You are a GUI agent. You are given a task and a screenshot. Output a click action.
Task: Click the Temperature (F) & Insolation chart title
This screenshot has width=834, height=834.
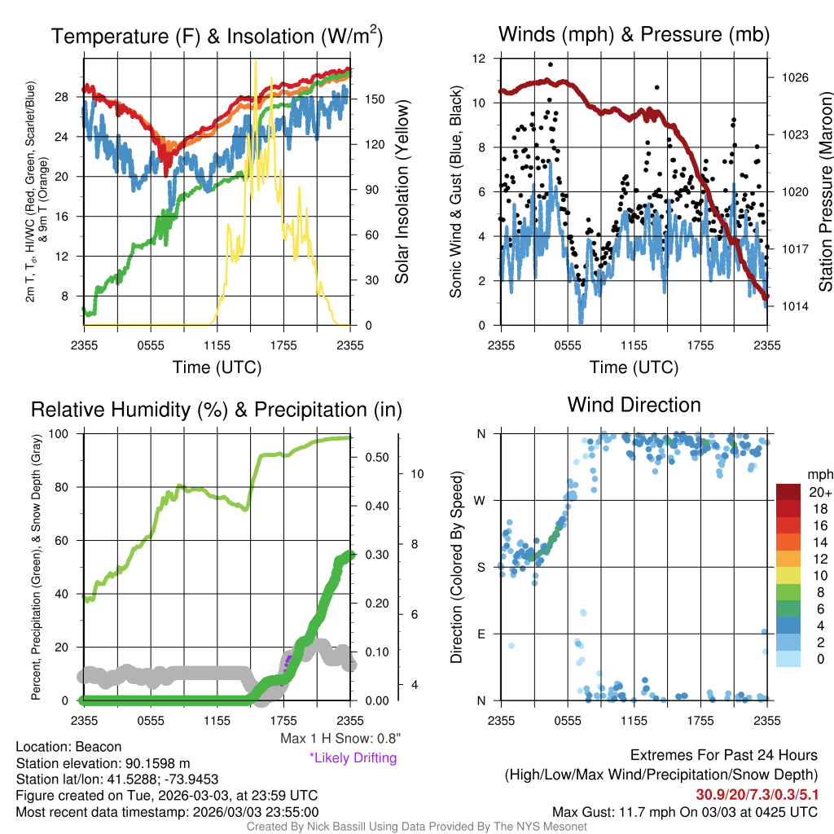click(x=217, y=36)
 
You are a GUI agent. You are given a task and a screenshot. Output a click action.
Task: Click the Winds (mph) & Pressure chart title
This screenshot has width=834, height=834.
click(x=634, y=34)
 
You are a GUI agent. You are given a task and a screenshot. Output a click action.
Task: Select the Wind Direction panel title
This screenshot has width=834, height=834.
click(x=634, y=405)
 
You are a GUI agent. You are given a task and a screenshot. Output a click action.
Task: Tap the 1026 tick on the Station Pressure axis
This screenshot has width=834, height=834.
click(x=795, y=77)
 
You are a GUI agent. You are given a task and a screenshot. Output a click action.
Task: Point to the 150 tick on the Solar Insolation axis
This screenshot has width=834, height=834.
click(x=375, y=99)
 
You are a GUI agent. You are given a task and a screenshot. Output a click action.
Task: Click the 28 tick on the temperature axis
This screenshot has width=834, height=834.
click(x=61, y=97)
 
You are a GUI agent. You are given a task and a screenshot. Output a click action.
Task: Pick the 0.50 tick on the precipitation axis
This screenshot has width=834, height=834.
click(x=376, y=458)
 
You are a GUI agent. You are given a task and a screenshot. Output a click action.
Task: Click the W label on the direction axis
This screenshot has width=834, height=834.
click(x=480, y=501)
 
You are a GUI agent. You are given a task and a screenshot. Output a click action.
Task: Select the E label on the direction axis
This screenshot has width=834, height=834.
click(x=481, y=634)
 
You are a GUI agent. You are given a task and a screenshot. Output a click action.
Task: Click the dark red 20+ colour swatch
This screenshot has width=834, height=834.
click(x=788, y=491)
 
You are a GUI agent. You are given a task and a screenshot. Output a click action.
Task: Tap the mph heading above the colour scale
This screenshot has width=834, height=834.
click(x=819, y=475)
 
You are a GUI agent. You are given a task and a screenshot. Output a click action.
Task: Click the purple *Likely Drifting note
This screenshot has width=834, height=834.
click(x=353, y=758)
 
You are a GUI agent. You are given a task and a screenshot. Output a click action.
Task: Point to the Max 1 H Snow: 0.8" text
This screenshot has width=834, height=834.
click(x=340, y=738)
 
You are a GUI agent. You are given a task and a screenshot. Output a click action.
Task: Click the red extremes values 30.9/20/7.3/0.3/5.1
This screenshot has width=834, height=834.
click(x=757, y=795)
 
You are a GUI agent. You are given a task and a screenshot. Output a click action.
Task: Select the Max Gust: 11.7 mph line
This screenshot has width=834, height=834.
click(x=684, y=812)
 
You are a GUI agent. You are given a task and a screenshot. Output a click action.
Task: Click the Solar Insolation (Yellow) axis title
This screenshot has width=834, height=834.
click(x=402, y=191)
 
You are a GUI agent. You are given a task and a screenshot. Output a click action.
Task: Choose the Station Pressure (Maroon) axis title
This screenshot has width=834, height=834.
click(x=825, y=191)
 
